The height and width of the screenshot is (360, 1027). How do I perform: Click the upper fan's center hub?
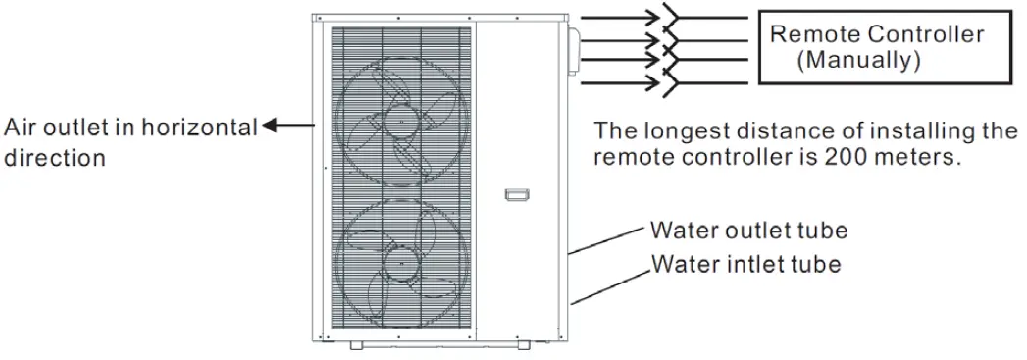click(399, 122)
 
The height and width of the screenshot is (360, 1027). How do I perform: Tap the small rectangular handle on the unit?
click(515, 195)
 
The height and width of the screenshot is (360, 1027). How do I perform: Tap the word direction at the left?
click(55, 156)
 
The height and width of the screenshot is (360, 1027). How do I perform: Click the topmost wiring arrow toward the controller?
click(623, 18)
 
